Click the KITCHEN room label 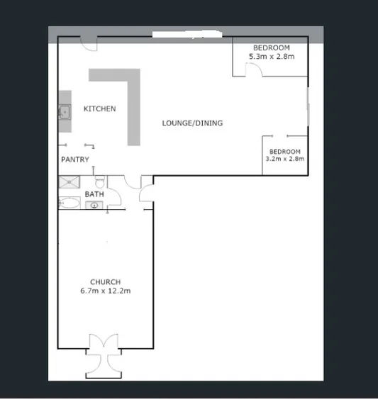(99, 109)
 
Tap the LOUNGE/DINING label (192, 123)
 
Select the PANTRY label (75, 160)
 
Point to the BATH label (94, 193)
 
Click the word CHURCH (105, 282)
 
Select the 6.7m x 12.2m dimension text (105, 291)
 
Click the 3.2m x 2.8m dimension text (284, 159)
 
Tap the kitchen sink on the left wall (64, 111)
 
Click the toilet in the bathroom (99, 180)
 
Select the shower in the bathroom (69, 181)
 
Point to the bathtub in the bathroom (70, 204)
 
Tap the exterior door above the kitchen (89, 43)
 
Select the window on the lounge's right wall (308, 107)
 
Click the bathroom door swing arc (133, 182)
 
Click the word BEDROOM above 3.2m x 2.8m (284, 152)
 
